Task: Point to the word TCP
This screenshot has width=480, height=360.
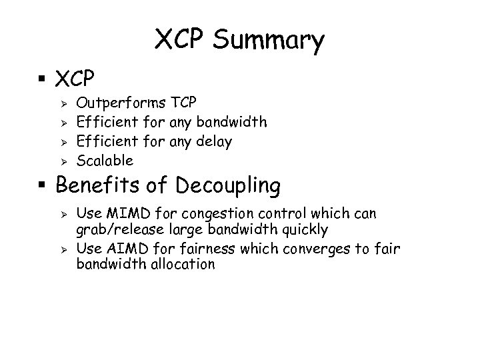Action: [x=183, y=103]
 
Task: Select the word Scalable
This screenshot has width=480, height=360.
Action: [x=105, y=160]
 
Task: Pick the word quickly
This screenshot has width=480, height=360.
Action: [x=306, y=231]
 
